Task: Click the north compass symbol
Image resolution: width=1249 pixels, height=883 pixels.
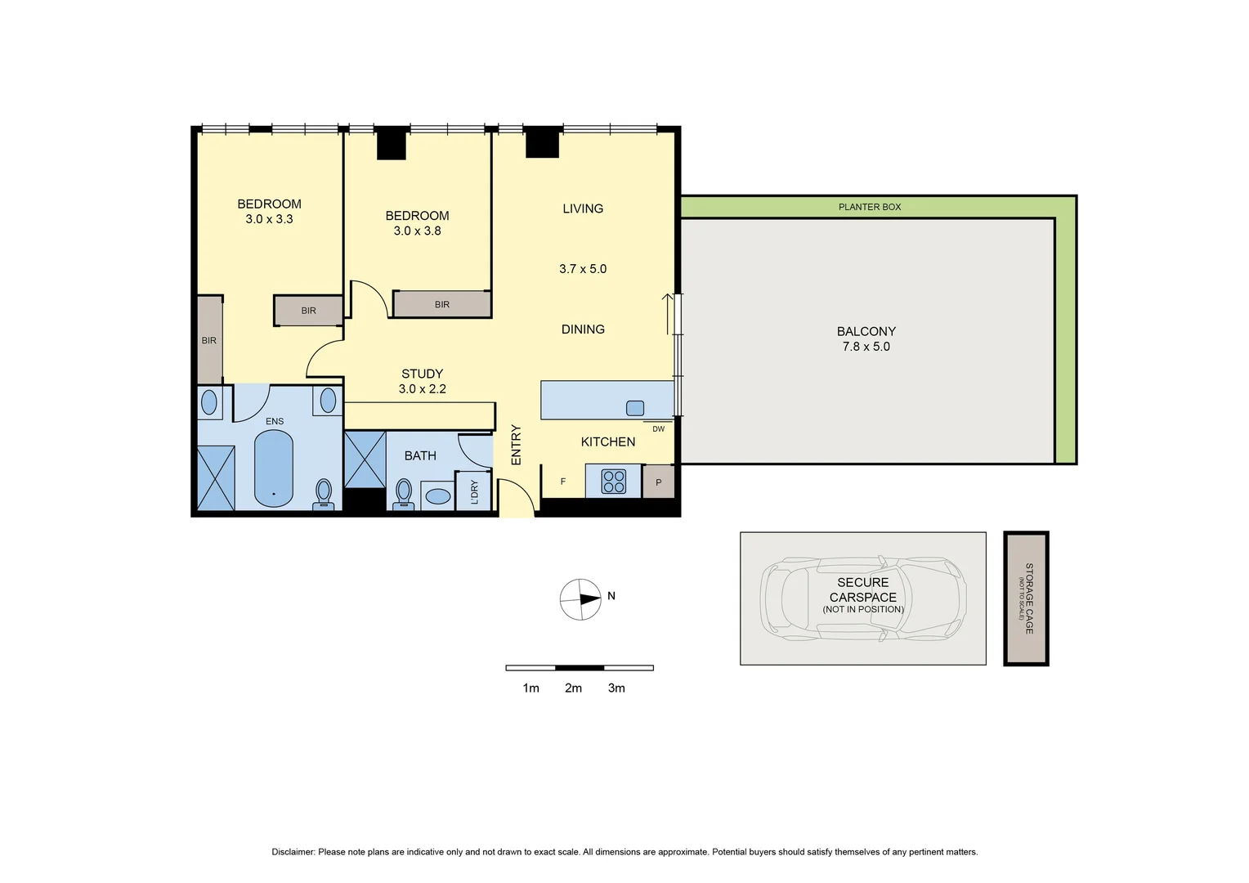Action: (580, 599)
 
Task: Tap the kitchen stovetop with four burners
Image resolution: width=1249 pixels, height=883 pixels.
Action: (613, 482)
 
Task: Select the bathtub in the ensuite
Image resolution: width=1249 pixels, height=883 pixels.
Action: (274, 469)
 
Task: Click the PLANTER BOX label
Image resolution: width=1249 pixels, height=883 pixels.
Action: (869, 207)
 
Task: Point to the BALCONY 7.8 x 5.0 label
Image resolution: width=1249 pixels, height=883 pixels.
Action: (866, 338)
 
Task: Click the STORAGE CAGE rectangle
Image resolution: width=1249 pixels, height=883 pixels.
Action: (1026, 598)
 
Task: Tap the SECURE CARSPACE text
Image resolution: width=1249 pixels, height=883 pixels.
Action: (862, 590)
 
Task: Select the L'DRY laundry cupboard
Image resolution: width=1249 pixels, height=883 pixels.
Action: (474, 491)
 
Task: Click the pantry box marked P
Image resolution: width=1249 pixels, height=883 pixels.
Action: (659, 482)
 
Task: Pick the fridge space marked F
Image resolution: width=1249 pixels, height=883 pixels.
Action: (563, 482)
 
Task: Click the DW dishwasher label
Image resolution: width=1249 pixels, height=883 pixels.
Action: (658, 428)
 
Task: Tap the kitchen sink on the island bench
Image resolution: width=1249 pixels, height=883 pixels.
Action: (635, 408)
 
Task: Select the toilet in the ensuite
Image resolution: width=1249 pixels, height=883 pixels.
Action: (324, 494)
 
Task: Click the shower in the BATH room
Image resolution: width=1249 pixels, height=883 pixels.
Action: (365, 459)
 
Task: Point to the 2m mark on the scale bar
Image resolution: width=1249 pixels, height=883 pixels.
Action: (573, 688)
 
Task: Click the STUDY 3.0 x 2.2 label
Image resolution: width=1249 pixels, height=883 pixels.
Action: (422, 381)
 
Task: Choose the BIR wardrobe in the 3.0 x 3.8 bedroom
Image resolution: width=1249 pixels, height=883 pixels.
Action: (441, 304)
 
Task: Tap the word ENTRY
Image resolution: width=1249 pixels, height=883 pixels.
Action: (516, 445)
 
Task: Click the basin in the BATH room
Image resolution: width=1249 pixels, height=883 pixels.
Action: (438, 496)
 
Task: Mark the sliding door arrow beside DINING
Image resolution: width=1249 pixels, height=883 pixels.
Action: (668, 314)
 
